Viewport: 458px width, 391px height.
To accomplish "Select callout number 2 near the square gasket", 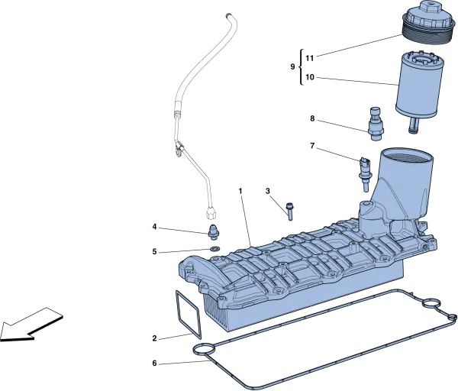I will pyautogui.click(x=154, y=338).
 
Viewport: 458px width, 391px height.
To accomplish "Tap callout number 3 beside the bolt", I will pyautogui.click(x=268, y=191).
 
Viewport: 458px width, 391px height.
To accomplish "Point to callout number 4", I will pyautogui.click(x=154, y=227).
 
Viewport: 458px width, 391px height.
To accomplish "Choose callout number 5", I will pyautogui.click(x=154, y=252).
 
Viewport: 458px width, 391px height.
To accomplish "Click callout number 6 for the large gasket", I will pyautogui.click(x=154, y=364).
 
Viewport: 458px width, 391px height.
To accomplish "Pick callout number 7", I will pyautogui.click(x=311, y=145).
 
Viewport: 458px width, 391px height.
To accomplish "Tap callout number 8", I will pyautogui.click(x=311, y=118).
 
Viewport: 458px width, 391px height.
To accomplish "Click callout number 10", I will pyautogui.click(x=310, y=77).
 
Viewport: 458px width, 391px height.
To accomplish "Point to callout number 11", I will pyautogui.click(x=310, y=58).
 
